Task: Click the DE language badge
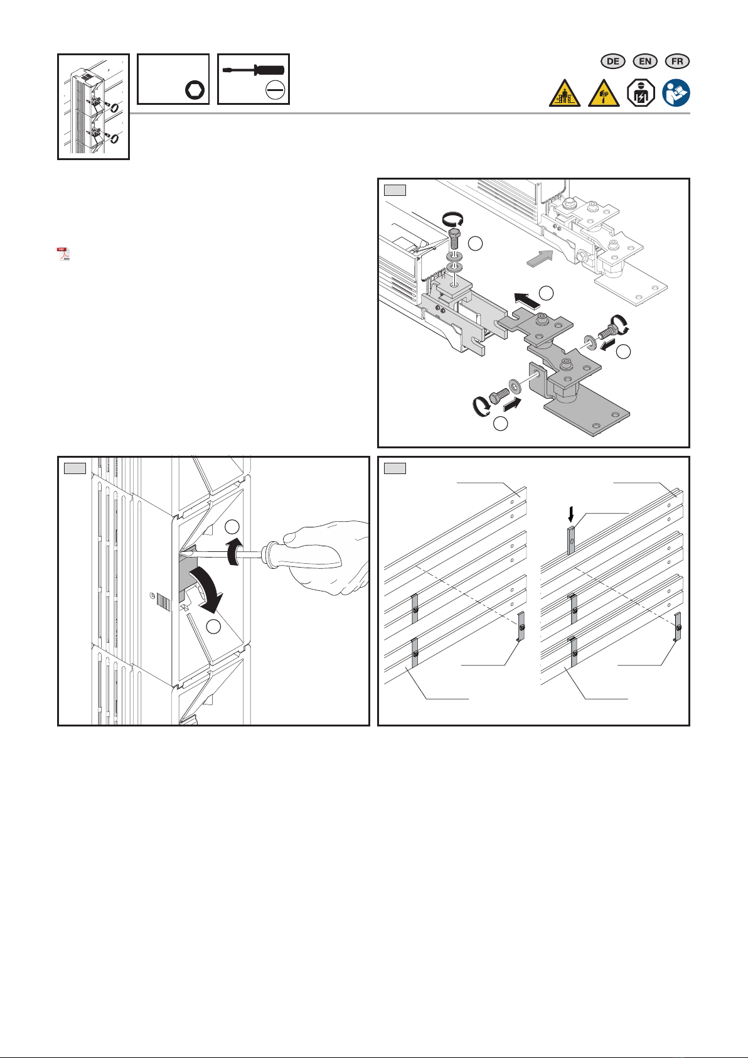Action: [612, 62]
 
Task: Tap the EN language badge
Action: [644, 62]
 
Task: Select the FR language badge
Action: [676, 62]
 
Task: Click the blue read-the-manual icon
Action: [676, 92]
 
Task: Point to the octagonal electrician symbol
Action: [641, 92]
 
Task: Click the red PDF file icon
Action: [63, 254]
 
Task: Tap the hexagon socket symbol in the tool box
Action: [195, 90]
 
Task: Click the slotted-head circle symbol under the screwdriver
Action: [275, 90]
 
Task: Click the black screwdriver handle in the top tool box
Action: [269, 70]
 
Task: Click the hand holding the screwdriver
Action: [326, 558]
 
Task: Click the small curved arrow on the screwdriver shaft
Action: [235, 551]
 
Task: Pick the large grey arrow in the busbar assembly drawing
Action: [540, 258]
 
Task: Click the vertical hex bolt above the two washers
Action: [454, 239]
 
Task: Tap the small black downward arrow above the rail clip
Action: [571, 514]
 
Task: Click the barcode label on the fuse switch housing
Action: [163, 603]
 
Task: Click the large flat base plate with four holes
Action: [587, 417]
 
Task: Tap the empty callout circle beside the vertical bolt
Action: [475, 244]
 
